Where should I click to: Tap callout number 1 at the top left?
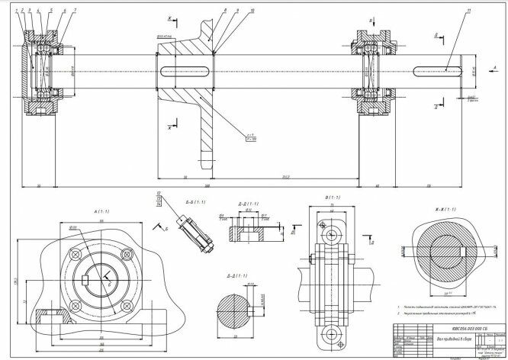[17, 10]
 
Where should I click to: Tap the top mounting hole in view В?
[330, 227]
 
